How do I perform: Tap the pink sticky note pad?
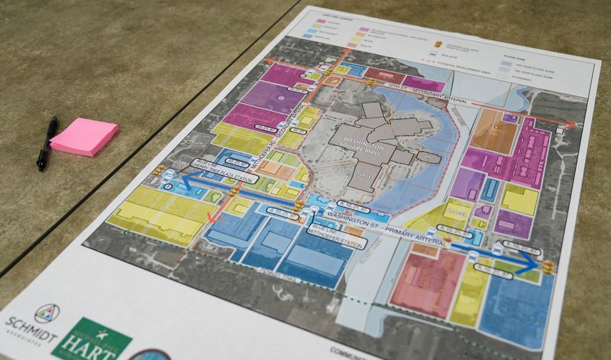click(84, 137)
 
